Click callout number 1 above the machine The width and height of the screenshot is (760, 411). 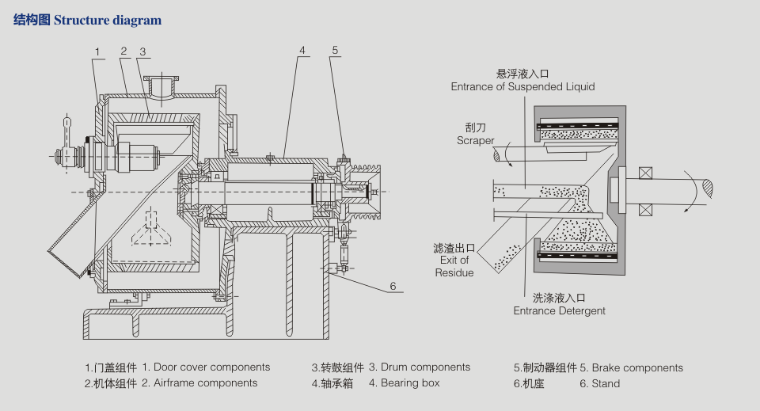(x=97, y=52)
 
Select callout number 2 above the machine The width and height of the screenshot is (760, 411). (x=124, y=51)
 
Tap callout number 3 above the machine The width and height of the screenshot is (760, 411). (x=142, y=52)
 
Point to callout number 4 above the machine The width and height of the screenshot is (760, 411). (x=302, y=50)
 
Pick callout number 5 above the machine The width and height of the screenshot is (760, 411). (x=335, y=50)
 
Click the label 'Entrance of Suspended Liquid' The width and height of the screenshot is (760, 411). (x=522, y=86)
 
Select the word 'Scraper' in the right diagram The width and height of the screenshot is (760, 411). (x=475, y=140)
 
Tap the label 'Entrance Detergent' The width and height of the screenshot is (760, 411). (x=559, y=310)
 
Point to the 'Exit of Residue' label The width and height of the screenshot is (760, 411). (x=454, y=260)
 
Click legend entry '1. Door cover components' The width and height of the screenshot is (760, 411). (x=206, y=367)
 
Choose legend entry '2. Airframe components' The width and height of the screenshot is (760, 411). (x=199, y=383)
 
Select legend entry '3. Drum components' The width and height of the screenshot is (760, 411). (x=420, y=367)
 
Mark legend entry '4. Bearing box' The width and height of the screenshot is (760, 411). (x=404, y=383)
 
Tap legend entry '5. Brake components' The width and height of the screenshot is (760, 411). (x=631, y=367)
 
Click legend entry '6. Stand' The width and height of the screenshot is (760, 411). (x=599, y=383)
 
